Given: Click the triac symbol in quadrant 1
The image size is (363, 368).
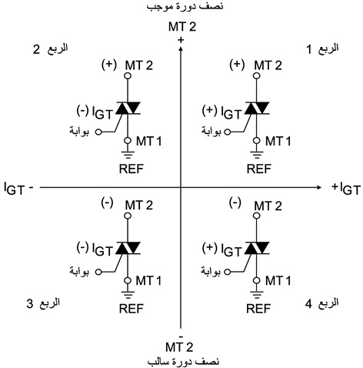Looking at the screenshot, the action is (257, 108).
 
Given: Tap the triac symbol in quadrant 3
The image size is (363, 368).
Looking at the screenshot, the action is (128, 248).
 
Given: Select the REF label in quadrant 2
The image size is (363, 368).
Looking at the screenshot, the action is (132, 169).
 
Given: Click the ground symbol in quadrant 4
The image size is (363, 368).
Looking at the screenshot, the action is (257, 293).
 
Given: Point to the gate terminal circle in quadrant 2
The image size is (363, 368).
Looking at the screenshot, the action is (98, 132).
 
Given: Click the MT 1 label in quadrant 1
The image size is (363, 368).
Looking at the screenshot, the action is (278, 141).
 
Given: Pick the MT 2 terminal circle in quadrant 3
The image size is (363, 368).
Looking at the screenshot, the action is (128, 216).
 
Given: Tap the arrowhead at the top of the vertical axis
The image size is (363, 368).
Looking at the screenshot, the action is (181, 49).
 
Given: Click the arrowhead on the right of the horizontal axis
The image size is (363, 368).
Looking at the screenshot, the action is (318, 187).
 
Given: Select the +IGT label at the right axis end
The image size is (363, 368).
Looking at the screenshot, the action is (346, 189).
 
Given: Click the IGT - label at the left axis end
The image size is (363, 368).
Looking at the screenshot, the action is (18, 189).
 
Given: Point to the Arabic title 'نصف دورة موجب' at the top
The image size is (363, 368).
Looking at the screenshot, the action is (185, 5).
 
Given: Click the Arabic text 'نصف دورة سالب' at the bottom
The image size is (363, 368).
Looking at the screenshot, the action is (183, 362).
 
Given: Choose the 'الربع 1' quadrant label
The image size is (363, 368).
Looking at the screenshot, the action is (323, 49).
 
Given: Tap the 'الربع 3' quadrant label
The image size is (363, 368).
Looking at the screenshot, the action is (43, 303).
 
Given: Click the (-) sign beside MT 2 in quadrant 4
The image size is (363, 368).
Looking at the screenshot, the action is (235, 202).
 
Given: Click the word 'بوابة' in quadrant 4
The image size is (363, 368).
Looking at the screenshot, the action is (211, 271).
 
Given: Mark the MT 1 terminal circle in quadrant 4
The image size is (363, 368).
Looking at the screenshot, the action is (257, 280).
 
